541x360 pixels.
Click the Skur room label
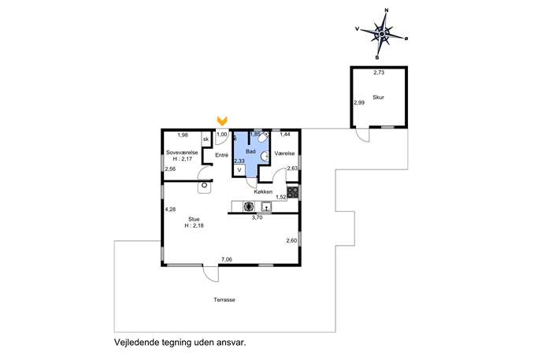click(x=378, y=98)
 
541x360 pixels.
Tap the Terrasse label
click(x=224, y=299)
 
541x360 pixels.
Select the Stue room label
click(x=194, y=219)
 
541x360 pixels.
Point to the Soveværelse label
click(x=182, y=153)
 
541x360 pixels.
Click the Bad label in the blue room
click(x=251, y=151)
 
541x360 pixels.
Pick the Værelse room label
click(x=284, y=154)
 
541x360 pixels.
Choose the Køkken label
click(x=263, y=191)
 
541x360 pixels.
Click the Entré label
click(x=221, y=155)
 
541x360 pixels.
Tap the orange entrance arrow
click(x=222, y=121)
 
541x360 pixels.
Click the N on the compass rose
click(x=387, y=10)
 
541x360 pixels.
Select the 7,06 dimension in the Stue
click(x=227, y=259)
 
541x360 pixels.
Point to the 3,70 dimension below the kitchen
click(x=257, y=217)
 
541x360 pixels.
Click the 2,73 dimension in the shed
click(x=379, y=72)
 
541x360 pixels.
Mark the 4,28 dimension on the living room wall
click(x=170, y=210)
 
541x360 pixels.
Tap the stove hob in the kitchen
click(x=293, y=192)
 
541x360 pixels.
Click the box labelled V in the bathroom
click(x=239, y=170)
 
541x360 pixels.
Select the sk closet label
click(x=206, y=139)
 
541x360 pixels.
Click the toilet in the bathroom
click(x=263, y=137)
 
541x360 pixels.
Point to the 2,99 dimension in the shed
click(x=359, y=102)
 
